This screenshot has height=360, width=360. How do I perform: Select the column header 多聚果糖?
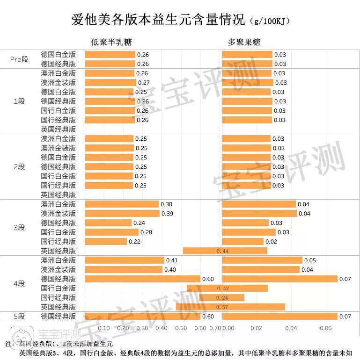coord(244,42)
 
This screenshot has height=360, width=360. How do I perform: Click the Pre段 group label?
coord(19,59)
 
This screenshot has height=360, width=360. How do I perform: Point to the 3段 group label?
coord(19,228)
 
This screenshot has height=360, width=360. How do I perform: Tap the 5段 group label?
coord(19,317)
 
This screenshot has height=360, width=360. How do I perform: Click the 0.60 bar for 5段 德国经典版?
coord(142,317)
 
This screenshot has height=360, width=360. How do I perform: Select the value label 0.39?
coord(167,214)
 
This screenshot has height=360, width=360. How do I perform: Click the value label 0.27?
coord(143,83)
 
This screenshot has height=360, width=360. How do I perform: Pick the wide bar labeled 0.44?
coord(225,251)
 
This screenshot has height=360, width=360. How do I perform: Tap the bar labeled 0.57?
coord(230,307)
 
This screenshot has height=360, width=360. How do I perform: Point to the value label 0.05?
coord(310,260)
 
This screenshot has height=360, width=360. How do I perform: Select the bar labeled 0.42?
coord(227,288)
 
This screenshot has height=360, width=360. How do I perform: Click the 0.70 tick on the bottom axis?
coord(215,328)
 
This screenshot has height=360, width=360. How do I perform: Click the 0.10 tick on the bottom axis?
coord(104,328)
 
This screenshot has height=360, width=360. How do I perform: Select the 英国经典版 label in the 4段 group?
coord(58,307)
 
